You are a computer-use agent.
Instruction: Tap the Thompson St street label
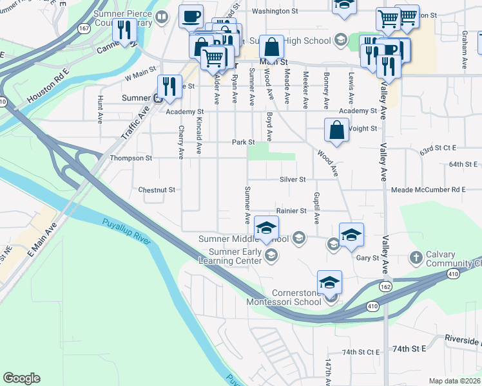[x=131, y=158]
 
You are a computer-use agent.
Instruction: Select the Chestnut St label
[x=157, y=190]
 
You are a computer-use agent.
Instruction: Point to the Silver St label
[x=293, y=179]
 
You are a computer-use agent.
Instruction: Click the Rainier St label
[x=291, y=210]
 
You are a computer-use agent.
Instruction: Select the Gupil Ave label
[x=316, y=207]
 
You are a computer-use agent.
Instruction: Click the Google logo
[x=21, y=378]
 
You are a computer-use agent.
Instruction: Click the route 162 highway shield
[x=385, y=286]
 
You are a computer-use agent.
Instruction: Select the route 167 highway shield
[x=84, y=30]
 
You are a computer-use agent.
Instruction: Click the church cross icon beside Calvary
[x=416, y=258]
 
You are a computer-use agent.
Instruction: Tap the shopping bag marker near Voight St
[x=337, y=130]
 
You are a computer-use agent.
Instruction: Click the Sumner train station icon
[x=158, y=98]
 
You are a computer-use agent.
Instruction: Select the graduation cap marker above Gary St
[x=351, y=234]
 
